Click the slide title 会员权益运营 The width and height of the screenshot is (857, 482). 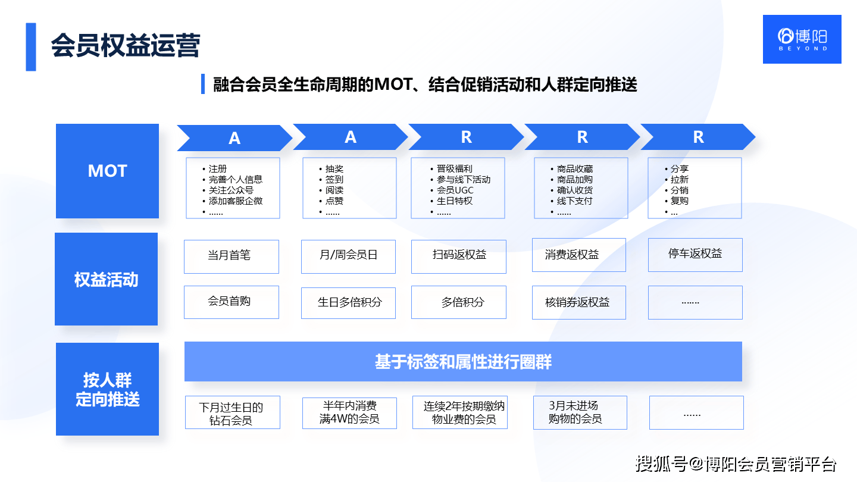pos(125,46)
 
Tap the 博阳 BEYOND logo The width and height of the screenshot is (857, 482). pos(802,39)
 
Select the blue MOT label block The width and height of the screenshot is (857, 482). pos(107,171)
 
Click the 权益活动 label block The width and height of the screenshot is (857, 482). pos(106,279)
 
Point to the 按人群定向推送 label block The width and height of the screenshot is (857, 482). pos(107,389)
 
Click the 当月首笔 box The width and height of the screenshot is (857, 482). pos(231,256)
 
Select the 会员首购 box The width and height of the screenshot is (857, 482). pos(231,302)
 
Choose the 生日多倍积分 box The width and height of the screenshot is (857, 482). pos(349,302)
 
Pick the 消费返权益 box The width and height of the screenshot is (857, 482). pos(578,255)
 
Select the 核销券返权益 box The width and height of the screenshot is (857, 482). pos(578,302)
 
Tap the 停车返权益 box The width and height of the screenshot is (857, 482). pos(695,255)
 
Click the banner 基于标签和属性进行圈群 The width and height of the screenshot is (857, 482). pos(463,361)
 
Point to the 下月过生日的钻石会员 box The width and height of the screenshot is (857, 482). pos(232,413)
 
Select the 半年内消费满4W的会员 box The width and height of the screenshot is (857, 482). pos(349,413)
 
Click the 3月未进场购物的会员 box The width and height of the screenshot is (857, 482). pos(580,412)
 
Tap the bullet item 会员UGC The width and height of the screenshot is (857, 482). pos(455,190)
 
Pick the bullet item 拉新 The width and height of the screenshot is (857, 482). pos(679,180)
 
